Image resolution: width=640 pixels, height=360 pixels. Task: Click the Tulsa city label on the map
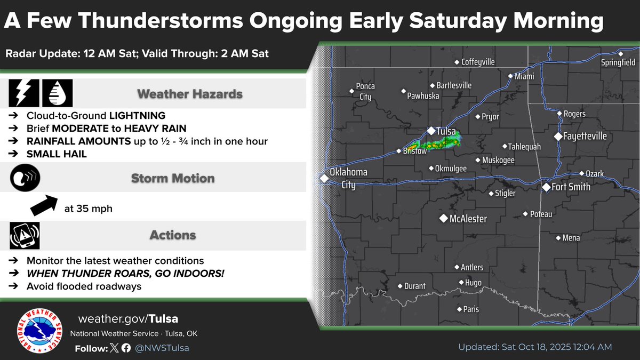[x=447, y=131]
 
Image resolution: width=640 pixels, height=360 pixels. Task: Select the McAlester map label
[x=467, y=219]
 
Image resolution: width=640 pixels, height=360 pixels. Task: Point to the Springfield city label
[x=619, y=62]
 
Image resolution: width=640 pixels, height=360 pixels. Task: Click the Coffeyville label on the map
[x=478, y=62]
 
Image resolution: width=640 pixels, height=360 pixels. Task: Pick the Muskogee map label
[x=498, y=160]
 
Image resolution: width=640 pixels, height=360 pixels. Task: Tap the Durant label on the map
[x=414, y=286]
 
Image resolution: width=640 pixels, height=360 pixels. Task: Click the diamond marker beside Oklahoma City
[x=324, y=179]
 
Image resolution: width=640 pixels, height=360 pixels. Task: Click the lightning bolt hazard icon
[x=23, y=94]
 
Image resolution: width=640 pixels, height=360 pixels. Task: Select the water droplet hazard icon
[x=57, y=94]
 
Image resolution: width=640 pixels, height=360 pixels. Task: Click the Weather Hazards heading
[x=190, y=94]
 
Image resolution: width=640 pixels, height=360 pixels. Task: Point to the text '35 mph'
[x=94, y=209]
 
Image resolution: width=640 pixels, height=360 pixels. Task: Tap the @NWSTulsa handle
[x=162, y=348]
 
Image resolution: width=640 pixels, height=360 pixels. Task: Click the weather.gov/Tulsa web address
[x=128, y=319]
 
